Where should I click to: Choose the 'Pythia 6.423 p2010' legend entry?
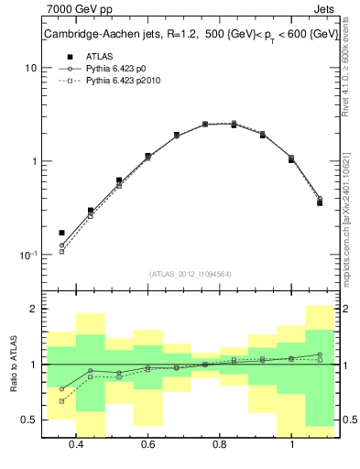tap(127, 82)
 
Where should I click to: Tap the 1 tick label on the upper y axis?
tap(33, 162)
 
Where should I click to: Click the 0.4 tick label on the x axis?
tap(76, 444)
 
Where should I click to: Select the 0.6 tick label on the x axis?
tap(147, 444)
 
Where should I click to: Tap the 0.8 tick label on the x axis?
tap(220, 444)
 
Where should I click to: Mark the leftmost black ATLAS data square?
tap(61, 233)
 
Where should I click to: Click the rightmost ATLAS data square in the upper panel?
tap(320, 202)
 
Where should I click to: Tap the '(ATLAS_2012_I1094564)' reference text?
tap(190, 274)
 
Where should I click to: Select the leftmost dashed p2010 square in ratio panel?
tap(61, 401)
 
